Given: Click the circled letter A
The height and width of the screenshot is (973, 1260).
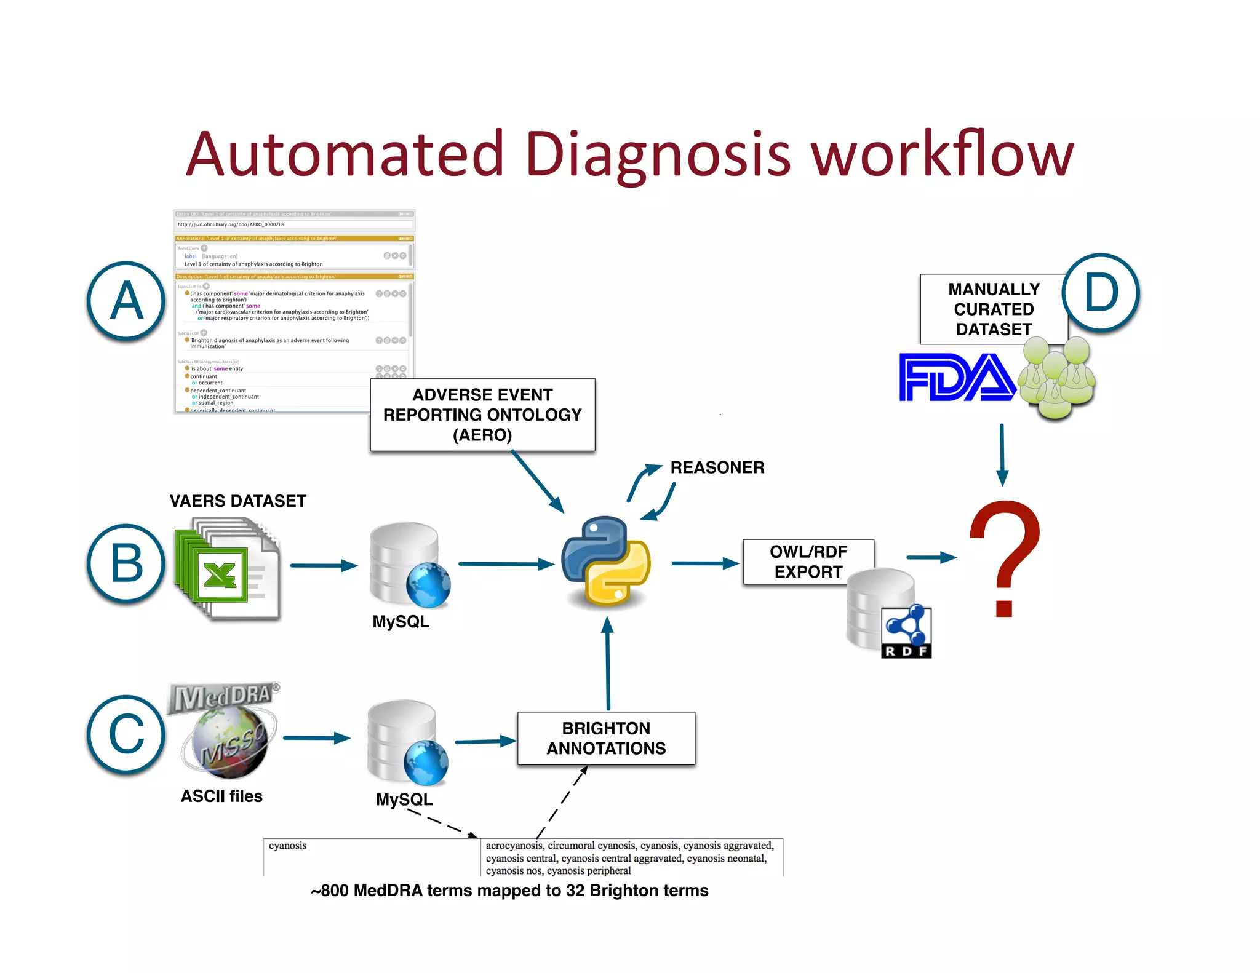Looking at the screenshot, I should pyautogui.click(x=126, y=301).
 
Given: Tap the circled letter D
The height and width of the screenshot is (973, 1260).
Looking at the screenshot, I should pyautogui.click(x=1101, y=293).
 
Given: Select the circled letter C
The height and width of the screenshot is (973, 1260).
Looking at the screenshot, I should pyautogui.click(x=126, y=734).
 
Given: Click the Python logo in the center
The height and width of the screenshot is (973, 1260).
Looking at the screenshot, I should pyautogui.click(x=606, y=561).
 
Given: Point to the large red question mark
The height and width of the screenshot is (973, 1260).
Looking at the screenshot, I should pyautogui.click(x=1005, y=557).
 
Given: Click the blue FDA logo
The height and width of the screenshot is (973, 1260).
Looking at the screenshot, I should pyautogui.click(x=956, y=377).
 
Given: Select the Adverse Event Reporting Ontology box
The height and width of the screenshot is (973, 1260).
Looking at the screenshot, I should pyautogui.click(x=482, y=415).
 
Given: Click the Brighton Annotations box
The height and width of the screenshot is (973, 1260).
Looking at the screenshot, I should pyautogui.click(x=606, y=738).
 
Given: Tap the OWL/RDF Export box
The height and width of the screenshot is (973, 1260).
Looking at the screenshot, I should pyautogui.click(x=808, y=561).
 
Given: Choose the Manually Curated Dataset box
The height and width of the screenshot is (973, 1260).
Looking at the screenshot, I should pyautogui.click(x=993, y=309).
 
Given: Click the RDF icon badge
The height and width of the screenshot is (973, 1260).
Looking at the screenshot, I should pyautogui.click(x=906, y=633).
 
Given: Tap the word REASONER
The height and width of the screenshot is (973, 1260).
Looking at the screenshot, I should pyautogui.click(x=717, y=467).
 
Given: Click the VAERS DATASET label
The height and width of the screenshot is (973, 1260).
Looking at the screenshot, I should pyautogui.click(x=237, y=501).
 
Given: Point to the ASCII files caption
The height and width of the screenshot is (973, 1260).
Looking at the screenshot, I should pyautogui.click(x=221, y=796).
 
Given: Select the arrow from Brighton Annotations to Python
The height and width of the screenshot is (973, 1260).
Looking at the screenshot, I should pyautogui.click(x=608, y=664).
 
